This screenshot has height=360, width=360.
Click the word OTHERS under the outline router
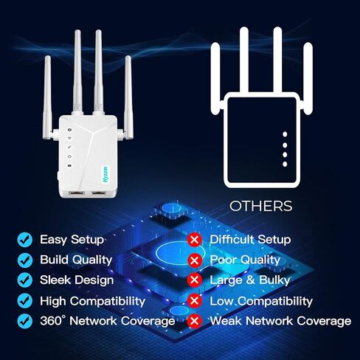pyautogui.click(x=260, y=206)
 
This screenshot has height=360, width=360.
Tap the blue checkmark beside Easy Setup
pyautogui.click(x=25, y=240)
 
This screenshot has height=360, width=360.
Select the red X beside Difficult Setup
pyautogui.click(x=195, y=240)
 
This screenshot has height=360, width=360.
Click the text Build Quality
pyautogui.click(x=75, y=260)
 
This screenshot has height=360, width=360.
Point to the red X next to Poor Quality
pyautogui.click(x=195, y=260)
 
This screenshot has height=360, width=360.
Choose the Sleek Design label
pyautogui.click(x=77, y=280)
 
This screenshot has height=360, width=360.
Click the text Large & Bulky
pyautogui.click(x=250, y=280)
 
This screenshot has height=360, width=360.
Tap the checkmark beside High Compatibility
pyautogui.click(x=25, y=301)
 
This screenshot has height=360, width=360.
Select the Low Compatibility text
pyautogui.click(x=261, y=301)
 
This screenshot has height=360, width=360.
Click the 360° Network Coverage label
pyautogui.click(x=107, y=321)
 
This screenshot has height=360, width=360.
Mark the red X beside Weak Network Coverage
pyautogui.click(x=195, y=322)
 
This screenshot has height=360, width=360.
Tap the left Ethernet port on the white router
pyautogui.click(x=75, y=192)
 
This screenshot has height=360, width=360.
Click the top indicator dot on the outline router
pyautogui.click(x=285, y=135)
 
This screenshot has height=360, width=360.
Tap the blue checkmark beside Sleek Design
pyautogui.click(x=25, y=280)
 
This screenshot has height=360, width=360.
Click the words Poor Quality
pyautogui.click(x=245, y=260)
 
